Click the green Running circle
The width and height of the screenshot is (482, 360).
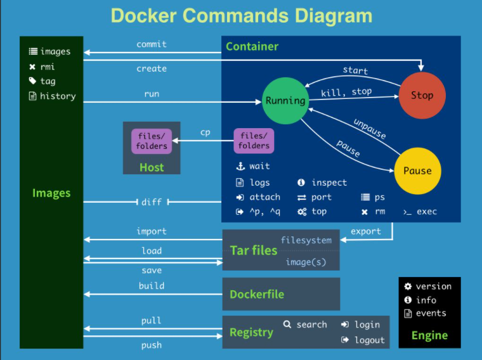pyautogui.click(x=285, y=100)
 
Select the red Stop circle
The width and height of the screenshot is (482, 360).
pyautogui.click(x=422, y=96)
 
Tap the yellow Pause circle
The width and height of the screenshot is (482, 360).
pyautogui.click(x=417, y=170)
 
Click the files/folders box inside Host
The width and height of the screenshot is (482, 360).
pyautogui.click(x=152, y=141)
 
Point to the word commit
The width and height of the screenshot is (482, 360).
pyautogui.click(x=152, y=44)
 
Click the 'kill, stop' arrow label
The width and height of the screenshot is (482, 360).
pyautogui.click(x=346, y=92)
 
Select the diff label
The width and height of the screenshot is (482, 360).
pyautogui.click(x=152, y=202)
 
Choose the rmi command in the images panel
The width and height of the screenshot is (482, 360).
pyautogui.click(x=48, y=67)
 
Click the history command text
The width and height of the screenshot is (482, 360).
pyautogui.click(x=57, y=96)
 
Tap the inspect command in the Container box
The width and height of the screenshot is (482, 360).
pyautogui.click(x=329, y=183)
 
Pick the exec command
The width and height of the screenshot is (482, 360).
pyautogui.click(x=426, y=212)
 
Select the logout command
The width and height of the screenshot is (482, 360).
pyautogui.click(x=369, y=340)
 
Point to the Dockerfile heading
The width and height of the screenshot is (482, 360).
pyautogui.click(x=257, y=294)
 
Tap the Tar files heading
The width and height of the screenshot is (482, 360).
pyautogui.click(x=254, y=250)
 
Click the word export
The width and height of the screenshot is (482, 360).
pyautogui.click(x=366, y=231)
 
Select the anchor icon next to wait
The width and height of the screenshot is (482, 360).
pyautogui.click(x=240, y=166)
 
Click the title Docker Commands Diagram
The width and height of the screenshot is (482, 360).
pyautogui.click(x=242, y=15)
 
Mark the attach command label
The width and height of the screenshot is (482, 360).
pyautogui.click(x=264, y=197)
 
